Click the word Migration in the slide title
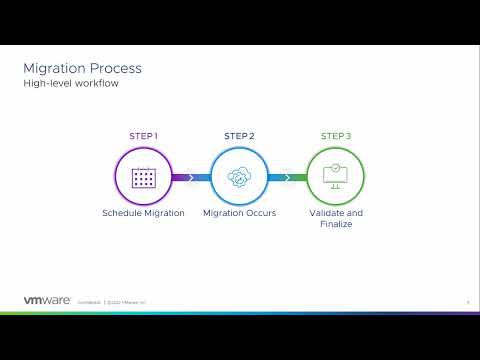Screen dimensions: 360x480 [55, 68]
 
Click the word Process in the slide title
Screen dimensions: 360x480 [115, 68]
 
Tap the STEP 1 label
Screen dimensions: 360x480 [144, 136]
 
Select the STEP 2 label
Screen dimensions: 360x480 [239, 136]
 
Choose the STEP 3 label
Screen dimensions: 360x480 [335, 136]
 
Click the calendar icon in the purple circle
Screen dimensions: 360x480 [144, 177]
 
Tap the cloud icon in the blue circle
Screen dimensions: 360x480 [239, 177]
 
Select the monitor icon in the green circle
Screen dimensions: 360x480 [335, 177]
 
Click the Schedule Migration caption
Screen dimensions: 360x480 [144, 213]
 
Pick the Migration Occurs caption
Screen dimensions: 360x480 [239, 213]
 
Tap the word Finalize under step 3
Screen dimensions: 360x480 [335, 224]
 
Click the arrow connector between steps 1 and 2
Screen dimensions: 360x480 [191, 178]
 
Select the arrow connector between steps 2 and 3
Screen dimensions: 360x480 [287, 178]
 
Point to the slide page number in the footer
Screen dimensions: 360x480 [468, 300]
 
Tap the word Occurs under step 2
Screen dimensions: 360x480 [260, 213]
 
